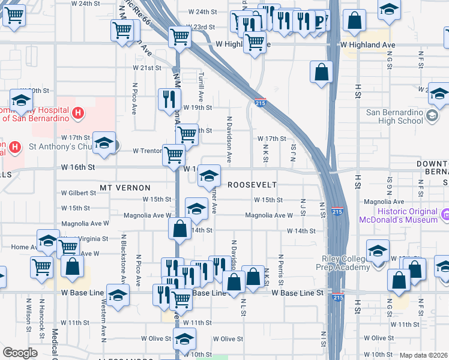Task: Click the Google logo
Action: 19,353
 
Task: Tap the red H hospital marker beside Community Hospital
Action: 77,113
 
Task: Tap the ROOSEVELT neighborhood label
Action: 253,185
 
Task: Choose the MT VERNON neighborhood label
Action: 122,188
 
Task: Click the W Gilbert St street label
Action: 78,193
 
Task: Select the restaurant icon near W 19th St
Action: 169,99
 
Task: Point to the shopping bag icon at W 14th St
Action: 180,229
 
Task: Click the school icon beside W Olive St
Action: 184,338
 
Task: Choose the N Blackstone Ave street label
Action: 124,259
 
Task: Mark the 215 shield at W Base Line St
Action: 337,297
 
